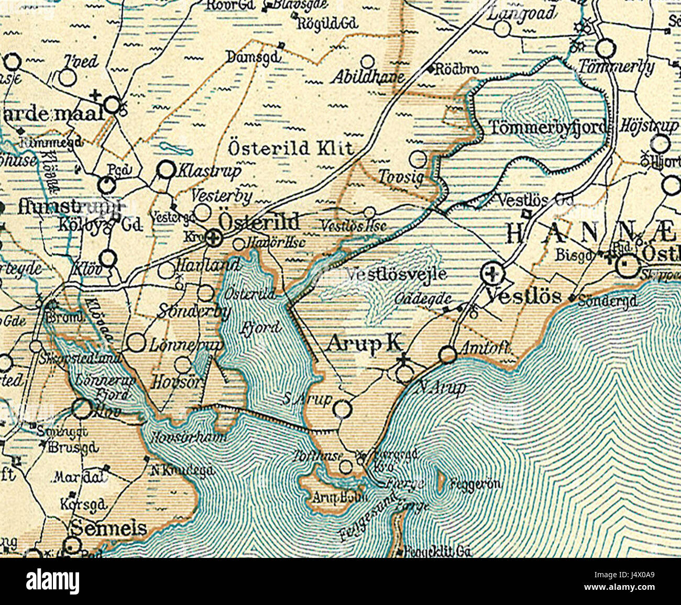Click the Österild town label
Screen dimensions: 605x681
click(x=259, y=222)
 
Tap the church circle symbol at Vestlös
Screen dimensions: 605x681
click(x=492, y=272)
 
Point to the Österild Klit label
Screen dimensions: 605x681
click(x=291, y=149)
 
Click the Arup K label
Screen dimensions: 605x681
click(x=365, y=343)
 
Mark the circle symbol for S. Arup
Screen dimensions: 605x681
click(x=342, y=409)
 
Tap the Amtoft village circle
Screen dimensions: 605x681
click(x=448, y=355)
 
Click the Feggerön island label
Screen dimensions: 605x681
click(x=475, y=484)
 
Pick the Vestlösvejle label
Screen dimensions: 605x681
click(x=397, y=274)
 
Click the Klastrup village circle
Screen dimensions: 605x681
click(x=166, y=169)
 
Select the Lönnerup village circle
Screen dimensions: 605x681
click(x=136, y=343)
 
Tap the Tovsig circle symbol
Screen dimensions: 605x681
click(x=418, y=159)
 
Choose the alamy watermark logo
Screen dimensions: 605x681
click(x=53, y=581)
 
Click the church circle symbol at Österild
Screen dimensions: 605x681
click(x=212, y=239)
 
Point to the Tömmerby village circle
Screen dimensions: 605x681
click(x=606, y=49)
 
